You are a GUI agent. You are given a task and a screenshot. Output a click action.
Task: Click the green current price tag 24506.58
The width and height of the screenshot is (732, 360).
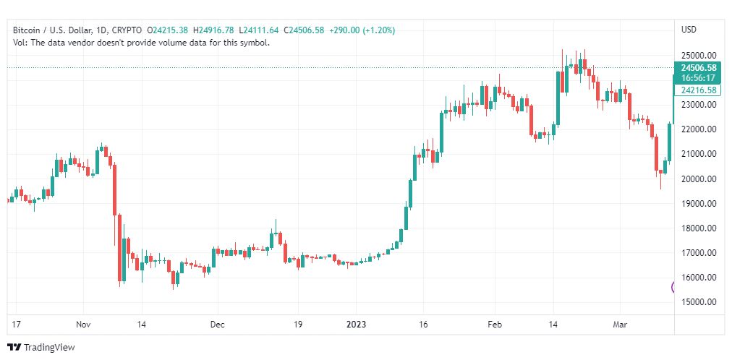[698, 67]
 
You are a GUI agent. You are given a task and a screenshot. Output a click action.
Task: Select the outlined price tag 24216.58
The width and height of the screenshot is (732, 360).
[698, 90]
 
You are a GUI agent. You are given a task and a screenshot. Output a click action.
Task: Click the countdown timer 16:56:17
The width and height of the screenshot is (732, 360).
[698, 78]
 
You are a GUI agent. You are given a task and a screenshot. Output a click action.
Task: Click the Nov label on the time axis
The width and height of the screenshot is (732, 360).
[83, 324]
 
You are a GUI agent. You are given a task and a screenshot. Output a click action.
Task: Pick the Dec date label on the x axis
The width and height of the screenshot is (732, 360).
[218, 324]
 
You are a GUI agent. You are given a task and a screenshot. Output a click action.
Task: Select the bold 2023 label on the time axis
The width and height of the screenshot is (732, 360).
[356, 324]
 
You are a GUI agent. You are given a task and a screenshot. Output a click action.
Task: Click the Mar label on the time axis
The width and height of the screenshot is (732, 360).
[620, 324]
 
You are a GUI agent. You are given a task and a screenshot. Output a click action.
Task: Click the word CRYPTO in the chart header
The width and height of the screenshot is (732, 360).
[127, 30]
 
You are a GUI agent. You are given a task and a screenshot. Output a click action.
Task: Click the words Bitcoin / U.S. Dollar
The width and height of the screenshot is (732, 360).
[50, 30]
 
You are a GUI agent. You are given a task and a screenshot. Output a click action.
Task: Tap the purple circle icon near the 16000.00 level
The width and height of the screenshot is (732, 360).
[674, 287]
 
